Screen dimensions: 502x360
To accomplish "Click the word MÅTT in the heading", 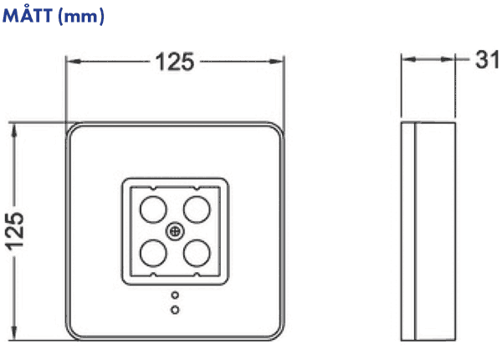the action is click(x=28, y=15).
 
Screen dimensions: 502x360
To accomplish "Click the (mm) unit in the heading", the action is click(x=81, y=17).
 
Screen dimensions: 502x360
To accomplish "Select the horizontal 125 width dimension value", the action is click(x=175, y=61).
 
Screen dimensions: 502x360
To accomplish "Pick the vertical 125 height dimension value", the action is click(x=14, y=231).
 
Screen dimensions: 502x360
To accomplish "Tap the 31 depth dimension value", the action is click(x=487, y=59).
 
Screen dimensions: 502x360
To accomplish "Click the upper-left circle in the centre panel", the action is click(x=153, y=210).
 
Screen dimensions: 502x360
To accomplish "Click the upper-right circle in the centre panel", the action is click(x=197, y=210).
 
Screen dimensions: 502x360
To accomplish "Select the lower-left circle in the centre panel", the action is click(x=153, y=253).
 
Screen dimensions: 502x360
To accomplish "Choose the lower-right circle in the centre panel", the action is click(x=197, y=253).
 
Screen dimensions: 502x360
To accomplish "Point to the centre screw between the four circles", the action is click(x=175, y=232).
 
